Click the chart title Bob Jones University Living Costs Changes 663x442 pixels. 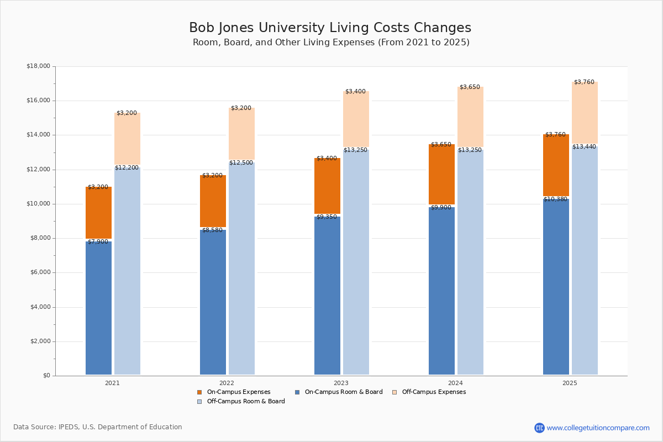(330, 28)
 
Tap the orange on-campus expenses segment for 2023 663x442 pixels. (327, 186)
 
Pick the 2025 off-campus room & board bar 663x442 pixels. (585, 260)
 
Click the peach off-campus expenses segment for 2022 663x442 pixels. (241, 134)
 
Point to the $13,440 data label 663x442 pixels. (584, 146)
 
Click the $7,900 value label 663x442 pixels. (98, 242)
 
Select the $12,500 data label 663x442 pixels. (241, 163)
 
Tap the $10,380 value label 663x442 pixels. (555, 199)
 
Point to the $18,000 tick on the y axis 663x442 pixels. (38, 66)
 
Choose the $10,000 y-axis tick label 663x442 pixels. (38, 204)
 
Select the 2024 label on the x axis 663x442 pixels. (455, 383)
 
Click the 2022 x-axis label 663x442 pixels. (227, 383)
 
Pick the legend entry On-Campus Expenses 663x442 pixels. (238, 392)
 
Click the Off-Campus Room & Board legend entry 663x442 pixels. (246, 402)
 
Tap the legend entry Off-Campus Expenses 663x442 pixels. (434, 392)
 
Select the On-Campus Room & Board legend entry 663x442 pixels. (343, 392)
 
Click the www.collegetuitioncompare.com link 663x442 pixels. (598, 428)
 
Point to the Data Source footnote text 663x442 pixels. (98, 427)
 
